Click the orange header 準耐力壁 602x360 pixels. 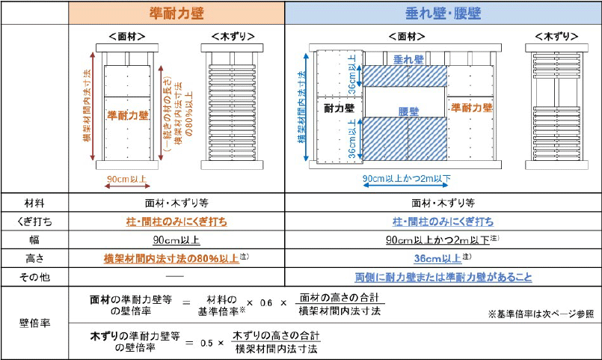(177, 13)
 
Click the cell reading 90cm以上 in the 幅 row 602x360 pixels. (176, 240)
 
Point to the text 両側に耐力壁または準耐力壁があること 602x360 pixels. (443, 277)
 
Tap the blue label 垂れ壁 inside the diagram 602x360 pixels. (404, 59)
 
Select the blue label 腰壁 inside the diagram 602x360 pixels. (408, 111)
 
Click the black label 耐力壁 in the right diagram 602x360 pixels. (338, 109)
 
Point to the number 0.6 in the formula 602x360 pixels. (267, 303)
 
